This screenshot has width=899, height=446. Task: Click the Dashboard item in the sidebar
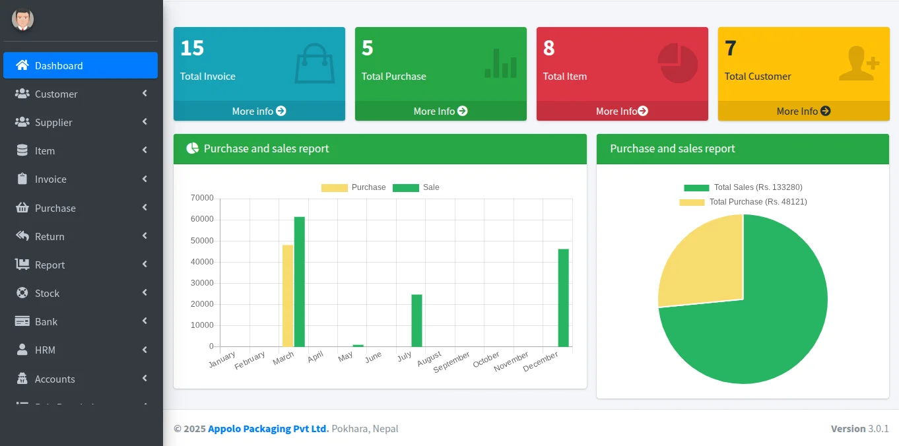(80, 65)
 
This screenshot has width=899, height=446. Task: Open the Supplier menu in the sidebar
(53, 122)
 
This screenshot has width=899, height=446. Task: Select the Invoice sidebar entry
(51, 179)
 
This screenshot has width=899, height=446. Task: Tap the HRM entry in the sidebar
(45, 350)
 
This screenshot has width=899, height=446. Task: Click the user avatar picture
(22, 20)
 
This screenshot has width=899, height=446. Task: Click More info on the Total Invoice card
(259, 111)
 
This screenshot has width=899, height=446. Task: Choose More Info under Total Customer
(803, 111)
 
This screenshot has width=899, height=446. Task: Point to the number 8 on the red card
(549, 48)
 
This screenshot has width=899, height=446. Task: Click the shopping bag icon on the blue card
(314, 63)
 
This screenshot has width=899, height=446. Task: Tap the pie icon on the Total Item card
(678, 63)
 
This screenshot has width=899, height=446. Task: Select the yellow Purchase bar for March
(288, 296)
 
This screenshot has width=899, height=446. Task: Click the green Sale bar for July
(416, 321)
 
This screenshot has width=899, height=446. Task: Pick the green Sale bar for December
(563, 298)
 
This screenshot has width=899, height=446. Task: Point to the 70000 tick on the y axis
(202, 198)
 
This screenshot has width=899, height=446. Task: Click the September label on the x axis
(453, 362)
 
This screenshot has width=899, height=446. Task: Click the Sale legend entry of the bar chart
(416, 187)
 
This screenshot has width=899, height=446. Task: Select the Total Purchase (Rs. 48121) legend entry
(743, 202)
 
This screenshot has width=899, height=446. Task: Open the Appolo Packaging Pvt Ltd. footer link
(268, 429)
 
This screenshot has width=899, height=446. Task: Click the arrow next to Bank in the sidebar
(145, 321)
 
